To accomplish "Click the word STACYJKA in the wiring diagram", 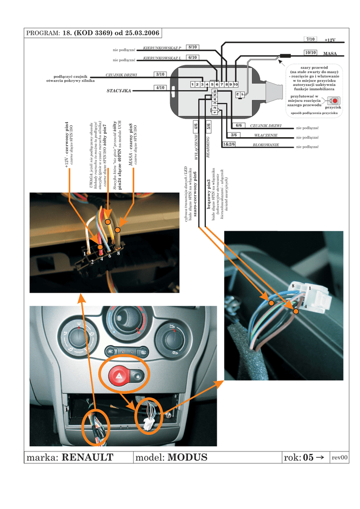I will (x=119, y=91).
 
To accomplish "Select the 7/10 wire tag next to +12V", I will (x=311, y=39).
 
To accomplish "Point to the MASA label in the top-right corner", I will (x=330, y=53).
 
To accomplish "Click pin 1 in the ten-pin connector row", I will (x=192, y=85).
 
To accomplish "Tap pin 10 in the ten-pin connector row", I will (x=236, y=85).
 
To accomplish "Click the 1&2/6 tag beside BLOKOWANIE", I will (x=229, y=144).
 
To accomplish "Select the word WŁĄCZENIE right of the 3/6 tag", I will (x=266, y=135).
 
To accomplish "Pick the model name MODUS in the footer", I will (x=187, y=457).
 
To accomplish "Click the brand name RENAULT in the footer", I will (x=88, y=457).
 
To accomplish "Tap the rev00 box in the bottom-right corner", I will (x=340, y=457).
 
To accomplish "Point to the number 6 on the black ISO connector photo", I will (x=109, y=256).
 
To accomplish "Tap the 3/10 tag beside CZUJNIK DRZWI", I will (x=160, y=75).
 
